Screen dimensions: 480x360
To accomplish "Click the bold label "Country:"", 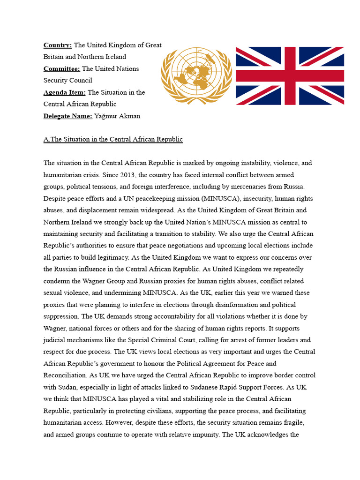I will pos(58,45).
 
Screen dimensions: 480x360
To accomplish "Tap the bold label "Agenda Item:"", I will pos(65,92).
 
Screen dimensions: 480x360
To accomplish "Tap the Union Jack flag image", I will pos(290,75).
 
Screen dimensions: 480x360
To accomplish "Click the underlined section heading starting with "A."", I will pos(113,139).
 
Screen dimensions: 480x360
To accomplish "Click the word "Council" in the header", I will pos(81,80).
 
